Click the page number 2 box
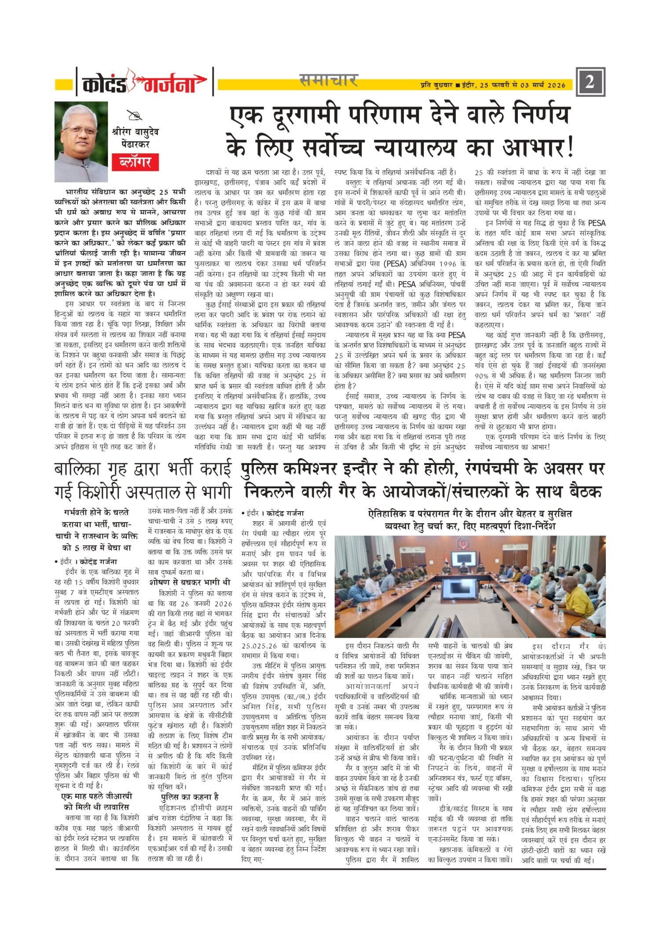click(x=590, y=82)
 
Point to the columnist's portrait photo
click(x=81, y=142)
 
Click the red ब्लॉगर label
click(x=135, y=162)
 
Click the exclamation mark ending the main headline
click(x=571, y=148)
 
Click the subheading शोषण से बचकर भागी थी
click(x=190, y=582)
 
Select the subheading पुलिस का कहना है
click(x=190, y=797)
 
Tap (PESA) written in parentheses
click(x=397, y=264)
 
